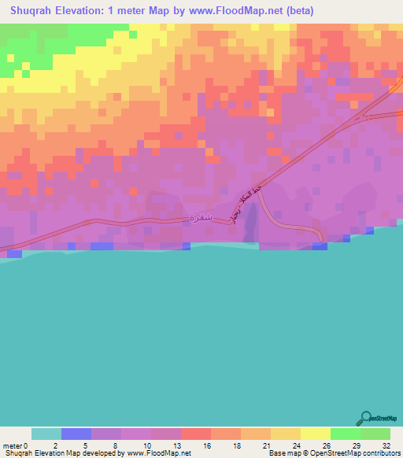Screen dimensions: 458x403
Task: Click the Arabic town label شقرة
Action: coord(201,216)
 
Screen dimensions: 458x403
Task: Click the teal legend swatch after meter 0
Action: coord(46,434)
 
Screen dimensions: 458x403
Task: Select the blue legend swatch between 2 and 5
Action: coord(76,434)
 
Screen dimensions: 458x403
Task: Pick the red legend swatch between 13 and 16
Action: coord(196,434)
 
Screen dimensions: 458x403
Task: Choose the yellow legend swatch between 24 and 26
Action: coord(316,434)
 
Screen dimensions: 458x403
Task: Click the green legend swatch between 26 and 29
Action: coord(346,434)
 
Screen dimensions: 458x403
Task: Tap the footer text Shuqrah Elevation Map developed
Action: coord(63,453)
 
